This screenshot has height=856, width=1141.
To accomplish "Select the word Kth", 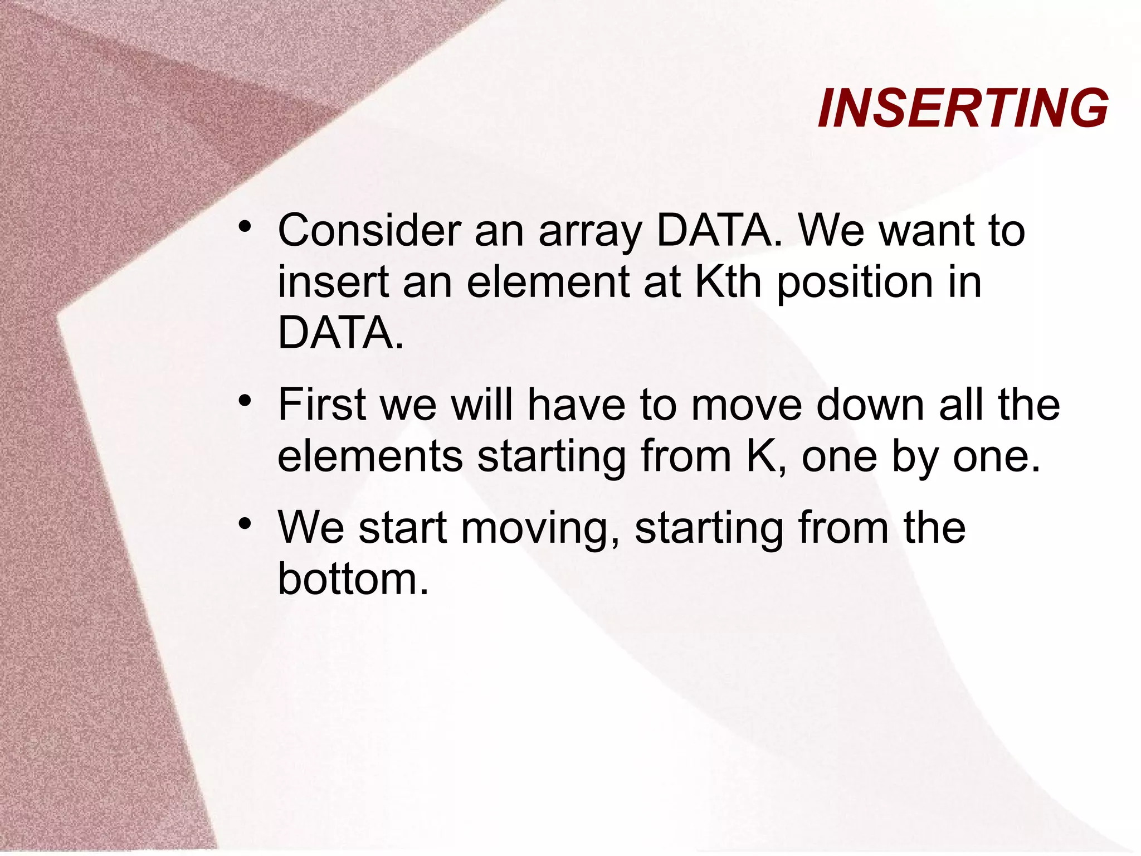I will [729, 281].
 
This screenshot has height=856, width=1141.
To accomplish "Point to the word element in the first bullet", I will [548, 281].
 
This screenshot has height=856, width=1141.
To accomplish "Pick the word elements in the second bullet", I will [370, 456].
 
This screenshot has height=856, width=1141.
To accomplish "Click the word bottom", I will [353, 578].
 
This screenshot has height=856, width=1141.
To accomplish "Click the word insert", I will [333, 281].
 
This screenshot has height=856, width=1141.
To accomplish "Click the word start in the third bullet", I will [403, 527].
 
